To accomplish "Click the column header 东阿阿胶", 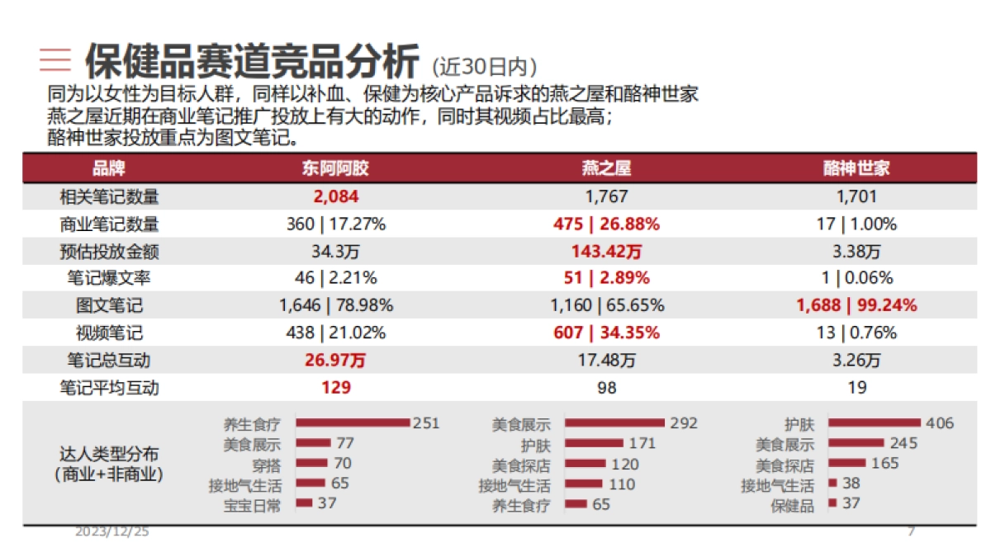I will click(x=335, y=169).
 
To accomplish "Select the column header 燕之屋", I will click(x=606, y=169).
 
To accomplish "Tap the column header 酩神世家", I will click(x=856, y=169).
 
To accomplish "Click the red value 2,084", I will click(x=335, y=196).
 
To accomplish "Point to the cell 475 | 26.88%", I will click(x=606, y=224).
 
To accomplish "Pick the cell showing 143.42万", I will click(x=606, y=251).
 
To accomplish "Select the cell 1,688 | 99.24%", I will click(x=856, y=305).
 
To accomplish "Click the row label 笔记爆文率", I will click(x=109, y=278).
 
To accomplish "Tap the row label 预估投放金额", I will click(x=109, y=251).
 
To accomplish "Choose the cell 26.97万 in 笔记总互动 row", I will click(x=335, y=360).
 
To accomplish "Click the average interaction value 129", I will click(x=335, y=387).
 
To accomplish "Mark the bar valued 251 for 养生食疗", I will click(x=353, y=422).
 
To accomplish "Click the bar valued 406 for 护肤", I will click(x=874, y=422).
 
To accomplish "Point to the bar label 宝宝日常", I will click(x=251, y=505).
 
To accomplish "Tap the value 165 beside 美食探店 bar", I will click(x=884, y=463).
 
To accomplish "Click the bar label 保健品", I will click(x=792, y=505).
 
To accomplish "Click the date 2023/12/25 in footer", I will click(x=112, y=532).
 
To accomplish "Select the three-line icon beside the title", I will click(x=55, y=59).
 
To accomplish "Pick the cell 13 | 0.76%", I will click(x=856, y=333).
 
